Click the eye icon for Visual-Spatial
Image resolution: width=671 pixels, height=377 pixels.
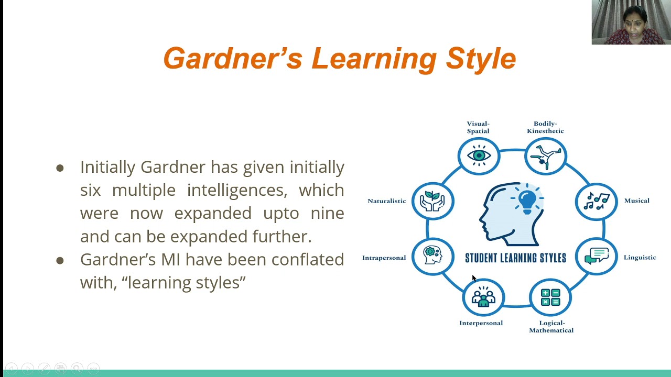pyautogui.click(x=479, y=156)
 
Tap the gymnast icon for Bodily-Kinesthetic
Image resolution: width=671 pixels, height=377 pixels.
pyautogui.click(x=545, y=156)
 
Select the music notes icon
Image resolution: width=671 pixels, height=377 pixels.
pyautogui.click(x=597, y=201)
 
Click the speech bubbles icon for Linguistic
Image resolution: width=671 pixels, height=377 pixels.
pyautogui.click(x=597, y=256)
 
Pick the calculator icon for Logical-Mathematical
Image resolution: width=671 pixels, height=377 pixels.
pyautogui.click(x=550, y=297)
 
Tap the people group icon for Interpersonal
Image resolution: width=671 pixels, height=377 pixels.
pyautogui.click(x=483, y=297)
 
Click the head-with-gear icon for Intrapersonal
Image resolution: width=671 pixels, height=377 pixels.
pyautogui.click(x=432, y=256)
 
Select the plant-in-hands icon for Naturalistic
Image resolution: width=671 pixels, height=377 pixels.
pyautogui.click(x=432, y=201)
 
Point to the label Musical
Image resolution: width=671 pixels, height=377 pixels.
pyautogui.click(x=636, y=201)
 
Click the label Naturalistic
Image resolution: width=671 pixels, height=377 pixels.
pyautogui.click(x=387, y=201)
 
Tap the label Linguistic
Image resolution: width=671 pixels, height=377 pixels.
pyautogui.click(x=640, y=257)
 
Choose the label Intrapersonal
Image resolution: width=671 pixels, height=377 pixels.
pyautogui.click(x=384, y=258)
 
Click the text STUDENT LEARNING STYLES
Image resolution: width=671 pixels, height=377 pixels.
pyautogui.click(x=515, y=258)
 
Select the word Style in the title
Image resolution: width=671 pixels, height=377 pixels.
pyautogui.click(x=481, y=58)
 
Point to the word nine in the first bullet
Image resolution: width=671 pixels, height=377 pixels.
pyautogui.click(x=327, y=213)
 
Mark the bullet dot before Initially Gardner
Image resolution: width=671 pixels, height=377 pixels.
pyautogui.click(x=60, y=168)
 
